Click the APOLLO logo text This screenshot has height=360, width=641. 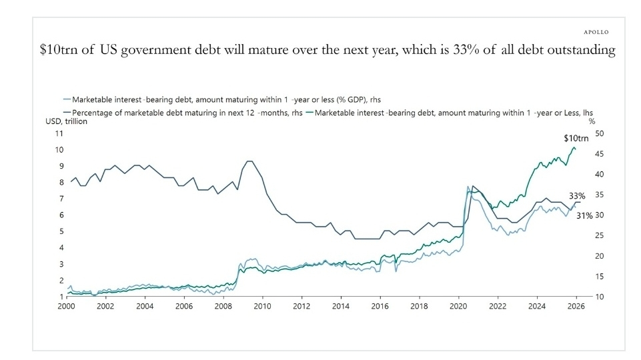(596, 32)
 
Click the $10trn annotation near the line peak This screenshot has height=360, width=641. (576, 139)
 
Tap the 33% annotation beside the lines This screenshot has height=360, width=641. (577, 196)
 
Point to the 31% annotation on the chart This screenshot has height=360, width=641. (584, 216)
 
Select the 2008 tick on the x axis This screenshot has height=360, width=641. (223, 306)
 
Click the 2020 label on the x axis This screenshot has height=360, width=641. (458, 306)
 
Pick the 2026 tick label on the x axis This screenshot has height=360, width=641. (576, 306)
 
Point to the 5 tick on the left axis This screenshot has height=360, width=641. (61, 231)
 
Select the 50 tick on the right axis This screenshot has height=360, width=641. (600, 134)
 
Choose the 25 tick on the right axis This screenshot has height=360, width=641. (600, 236)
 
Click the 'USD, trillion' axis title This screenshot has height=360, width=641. (66, 121)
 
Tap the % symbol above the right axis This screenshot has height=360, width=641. (592, 121)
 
